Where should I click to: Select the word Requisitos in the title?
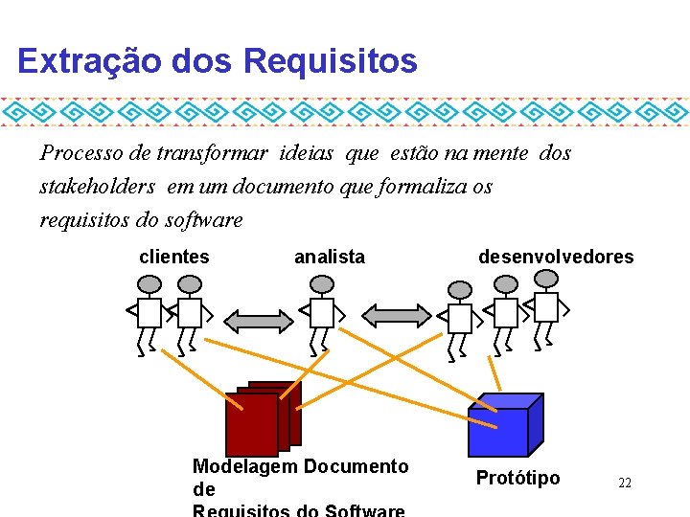point(331,61)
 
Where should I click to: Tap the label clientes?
point(174,257)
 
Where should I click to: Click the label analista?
point(329,257)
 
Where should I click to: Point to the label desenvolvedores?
point(556,257)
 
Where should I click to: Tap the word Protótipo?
point(518,478)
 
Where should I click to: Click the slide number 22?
point(624,483)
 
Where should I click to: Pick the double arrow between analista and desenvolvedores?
point(397,314)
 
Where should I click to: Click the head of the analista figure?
point(323,283)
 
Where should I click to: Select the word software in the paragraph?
point(204,219)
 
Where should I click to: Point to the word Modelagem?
point(244,466)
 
